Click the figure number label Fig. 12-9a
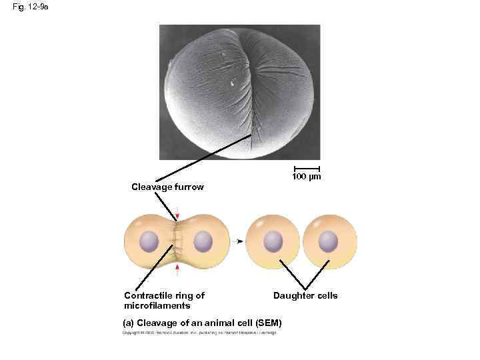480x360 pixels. (26, 7)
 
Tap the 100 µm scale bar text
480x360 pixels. (306, 177)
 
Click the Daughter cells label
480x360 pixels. (305, 295)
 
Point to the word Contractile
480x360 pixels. (146, 295)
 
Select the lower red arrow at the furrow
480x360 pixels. (177, 268)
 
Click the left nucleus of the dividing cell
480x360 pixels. (149, 241)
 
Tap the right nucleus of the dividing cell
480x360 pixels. (203, 241)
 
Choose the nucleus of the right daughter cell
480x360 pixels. (328, 241)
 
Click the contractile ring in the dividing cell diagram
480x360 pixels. (177, 241)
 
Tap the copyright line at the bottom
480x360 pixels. (199, 333)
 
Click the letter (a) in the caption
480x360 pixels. (129, 323)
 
